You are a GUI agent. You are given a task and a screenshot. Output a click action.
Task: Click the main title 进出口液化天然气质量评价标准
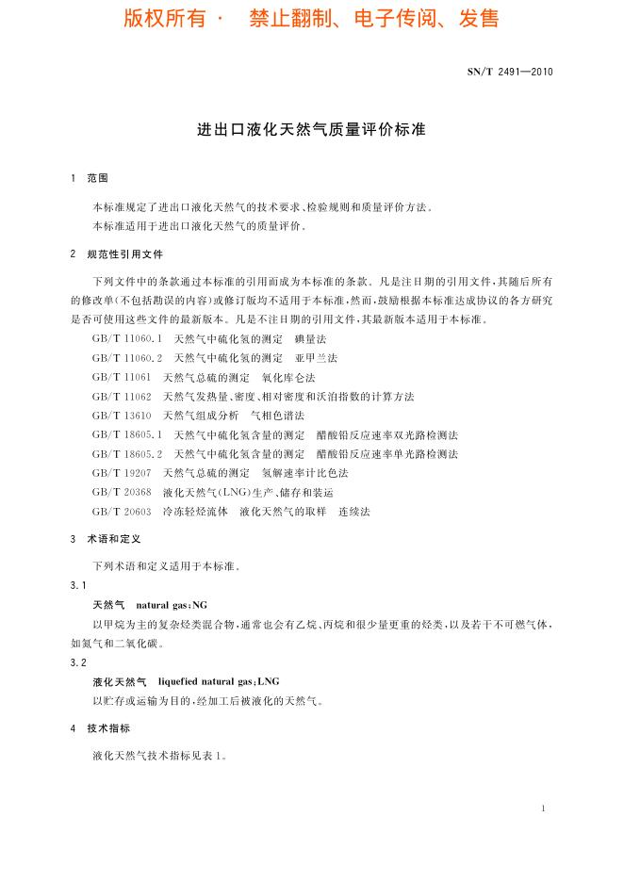311,129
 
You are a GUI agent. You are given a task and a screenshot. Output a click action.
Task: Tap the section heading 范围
97,178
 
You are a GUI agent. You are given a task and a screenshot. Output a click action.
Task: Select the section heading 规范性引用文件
124,253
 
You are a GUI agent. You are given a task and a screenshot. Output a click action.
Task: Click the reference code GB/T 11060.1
128,338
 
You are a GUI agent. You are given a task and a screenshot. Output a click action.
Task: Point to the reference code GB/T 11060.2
128,358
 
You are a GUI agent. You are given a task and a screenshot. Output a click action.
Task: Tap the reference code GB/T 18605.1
128,434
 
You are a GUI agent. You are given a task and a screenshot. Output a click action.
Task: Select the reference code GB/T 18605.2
128,453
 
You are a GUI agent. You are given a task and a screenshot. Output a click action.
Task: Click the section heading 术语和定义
113,539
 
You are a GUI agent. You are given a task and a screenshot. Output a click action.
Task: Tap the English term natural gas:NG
172,604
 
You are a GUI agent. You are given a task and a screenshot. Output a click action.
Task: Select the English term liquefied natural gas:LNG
219,680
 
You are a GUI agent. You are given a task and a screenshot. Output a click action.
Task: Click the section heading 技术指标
108,728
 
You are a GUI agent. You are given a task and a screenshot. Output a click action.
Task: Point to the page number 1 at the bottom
545,808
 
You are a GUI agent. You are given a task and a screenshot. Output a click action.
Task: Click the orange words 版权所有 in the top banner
164,19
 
